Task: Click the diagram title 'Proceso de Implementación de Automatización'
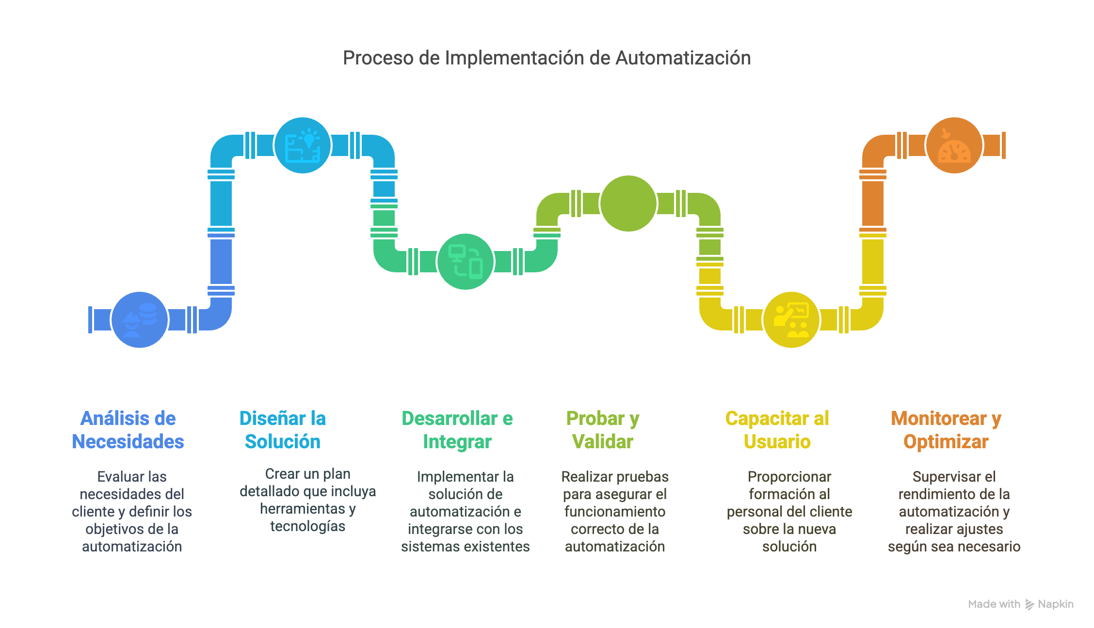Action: click(x=547, y=58)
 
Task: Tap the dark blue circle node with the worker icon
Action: click(x=140, y=320)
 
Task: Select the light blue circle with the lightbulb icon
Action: click(x=303, y=145)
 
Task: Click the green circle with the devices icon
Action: click(x=466, y=262)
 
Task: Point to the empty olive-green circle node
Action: click(x=628, y=204)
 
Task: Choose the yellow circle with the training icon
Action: click(x=791, y=320)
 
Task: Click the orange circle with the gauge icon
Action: click(x=954, y=145)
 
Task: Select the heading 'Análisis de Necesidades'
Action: click(x=128, y=430)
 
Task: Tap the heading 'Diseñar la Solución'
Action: click(x=283, y=430)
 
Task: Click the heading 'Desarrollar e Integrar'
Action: click(x=457, y=430)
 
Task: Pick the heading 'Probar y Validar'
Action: click(x=603, y=430)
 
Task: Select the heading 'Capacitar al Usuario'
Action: click(x=777, y=430)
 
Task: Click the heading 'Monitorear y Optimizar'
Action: click(x=946, y=430)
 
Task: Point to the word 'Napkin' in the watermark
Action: click(x=1056, y=604)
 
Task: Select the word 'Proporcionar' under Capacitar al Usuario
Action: click(x=789, y=477)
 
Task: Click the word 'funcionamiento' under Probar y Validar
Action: click(x=615, y=512)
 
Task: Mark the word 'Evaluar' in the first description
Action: click(x=115, y=477)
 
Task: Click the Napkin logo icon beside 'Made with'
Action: click(x=1030, y=605)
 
